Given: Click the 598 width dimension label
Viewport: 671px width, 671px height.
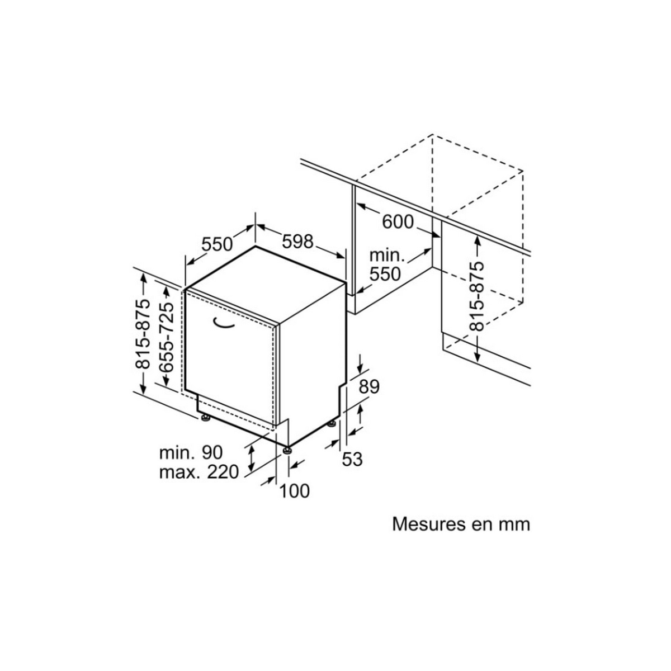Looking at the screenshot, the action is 297,242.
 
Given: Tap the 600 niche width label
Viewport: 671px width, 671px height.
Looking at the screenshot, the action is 398,221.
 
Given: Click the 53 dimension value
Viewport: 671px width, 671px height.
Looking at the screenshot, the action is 352,459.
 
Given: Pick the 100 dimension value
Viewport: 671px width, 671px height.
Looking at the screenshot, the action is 294,491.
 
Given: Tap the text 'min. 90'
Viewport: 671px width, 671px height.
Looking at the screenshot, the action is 191,452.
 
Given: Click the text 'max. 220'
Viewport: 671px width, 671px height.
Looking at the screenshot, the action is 199,472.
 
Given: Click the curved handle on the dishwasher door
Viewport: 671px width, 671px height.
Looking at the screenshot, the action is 223,323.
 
